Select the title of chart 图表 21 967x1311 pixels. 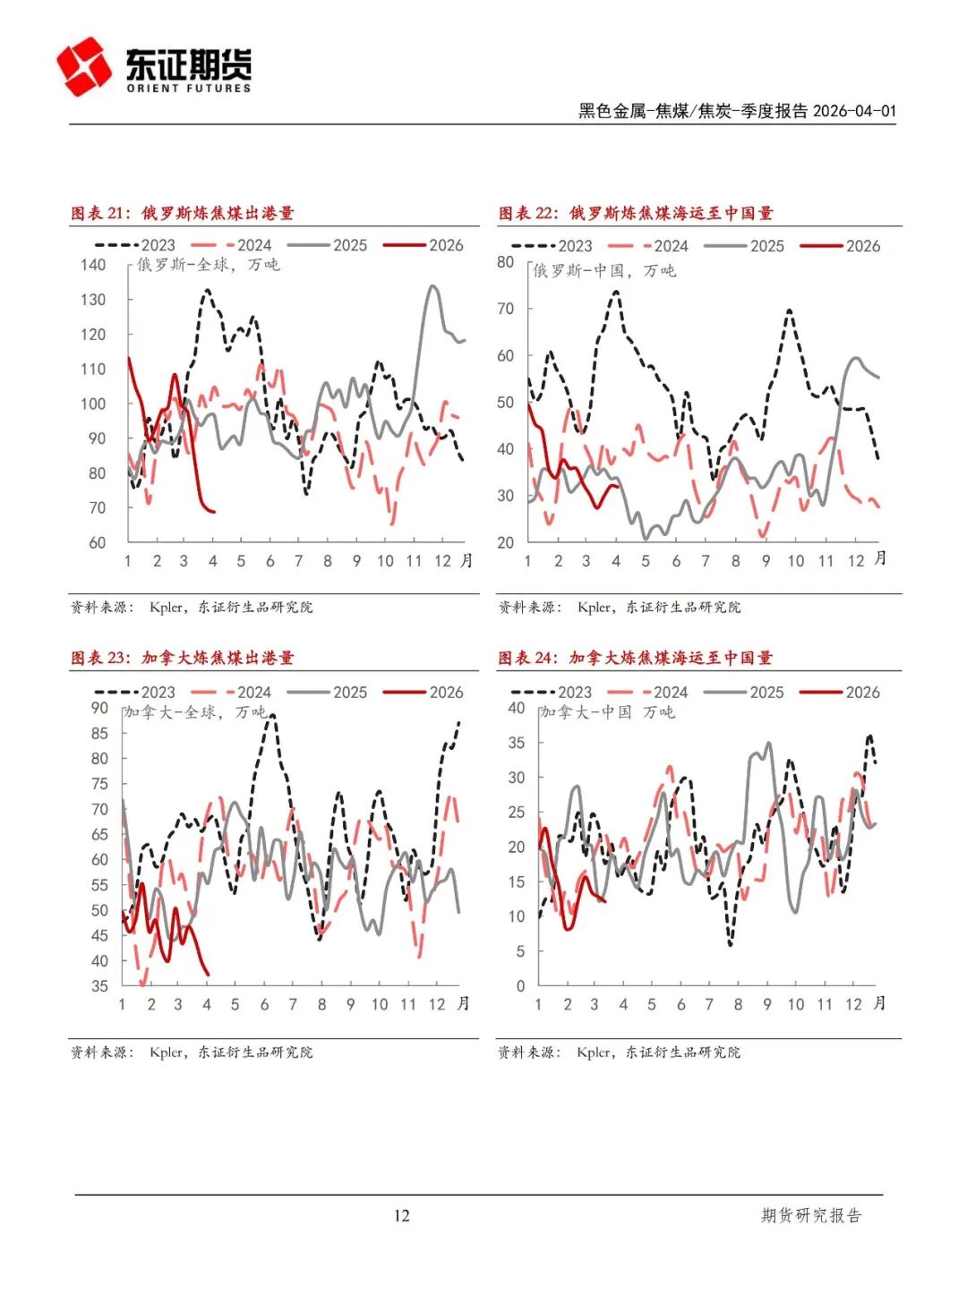(183, 213)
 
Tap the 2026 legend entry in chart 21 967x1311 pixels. (424, 245)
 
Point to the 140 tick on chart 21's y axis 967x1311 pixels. (93, 265)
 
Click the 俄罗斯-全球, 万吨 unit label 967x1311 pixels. (208, 265)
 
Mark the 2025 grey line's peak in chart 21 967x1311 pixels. (432, 286)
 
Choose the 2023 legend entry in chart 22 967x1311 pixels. (552, 246)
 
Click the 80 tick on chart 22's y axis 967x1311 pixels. (506, 262)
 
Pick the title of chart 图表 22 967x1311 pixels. (636, 213)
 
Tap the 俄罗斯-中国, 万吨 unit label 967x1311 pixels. (604, 270)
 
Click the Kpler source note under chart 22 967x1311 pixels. (620, 607)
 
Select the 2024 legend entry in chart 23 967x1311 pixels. (232, 692)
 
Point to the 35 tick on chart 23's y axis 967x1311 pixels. (98, 986)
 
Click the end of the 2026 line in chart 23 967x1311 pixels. (209, 975)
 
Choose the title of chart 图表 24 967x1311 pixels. (635, 658)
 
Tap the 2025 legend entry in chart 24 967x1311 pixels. (744, 692)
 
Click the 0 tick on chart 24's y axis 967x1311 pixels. (520, 986)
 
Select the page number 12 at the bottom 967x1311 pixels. (401, 1215)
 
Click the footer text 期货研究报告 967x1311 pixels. (810, 1215)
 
